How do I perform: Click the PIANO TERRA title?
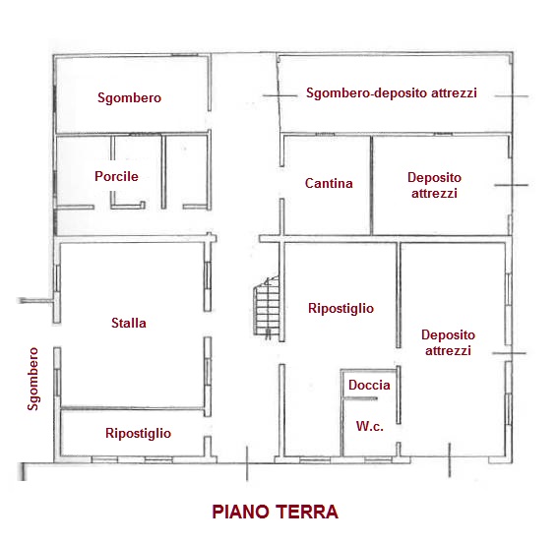[275, 512]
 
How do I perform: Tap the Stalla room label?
[129, 323]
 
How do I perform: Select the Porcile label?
[116, 176]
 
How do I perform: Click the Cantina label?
[329, 183]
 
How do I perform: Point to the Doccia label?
[369, 385]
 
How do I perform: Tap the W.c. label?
[370, 426]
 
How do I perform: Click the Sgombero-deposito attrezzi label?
[392, 92]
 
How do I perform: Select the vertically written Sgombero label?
[33, 379]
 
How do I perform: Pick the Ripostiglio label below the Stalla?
[138, 434]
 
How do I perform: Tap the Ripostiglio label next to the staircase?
[341, 309]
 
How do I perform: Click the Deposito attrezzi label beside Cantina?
[434, 185]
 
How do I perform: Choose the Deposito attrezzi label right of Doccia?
[448, 342]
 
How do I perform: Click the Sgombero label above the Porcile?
[129, 98]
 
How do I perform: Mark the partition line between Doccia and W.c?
[360, 398]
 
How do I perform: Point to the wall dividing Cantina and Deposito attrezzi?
[372, 185]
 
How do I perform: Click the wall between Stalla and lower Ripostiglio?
[132, 408]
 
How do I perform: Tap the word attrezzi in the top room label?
[454, 92]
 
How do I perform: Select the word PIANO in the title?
[240, 512]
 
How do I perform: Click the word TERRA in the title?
[307, 512]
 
